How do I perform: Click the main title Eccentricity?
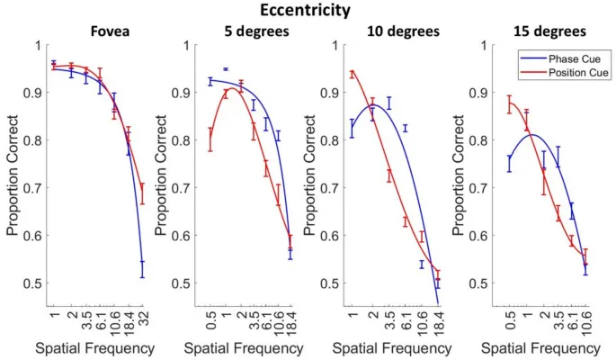pos(307,10)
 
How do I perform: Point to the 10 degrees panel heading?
pos(402,31)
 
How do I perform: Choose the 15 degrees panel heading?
pos(548,31)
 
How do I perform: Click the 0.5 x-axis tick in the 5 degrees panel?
pos(210,316)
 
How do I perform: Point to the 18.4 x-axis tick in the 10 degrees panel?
pos(438,319)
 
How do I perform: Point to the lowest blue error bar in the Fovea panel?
pos(142,268)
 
